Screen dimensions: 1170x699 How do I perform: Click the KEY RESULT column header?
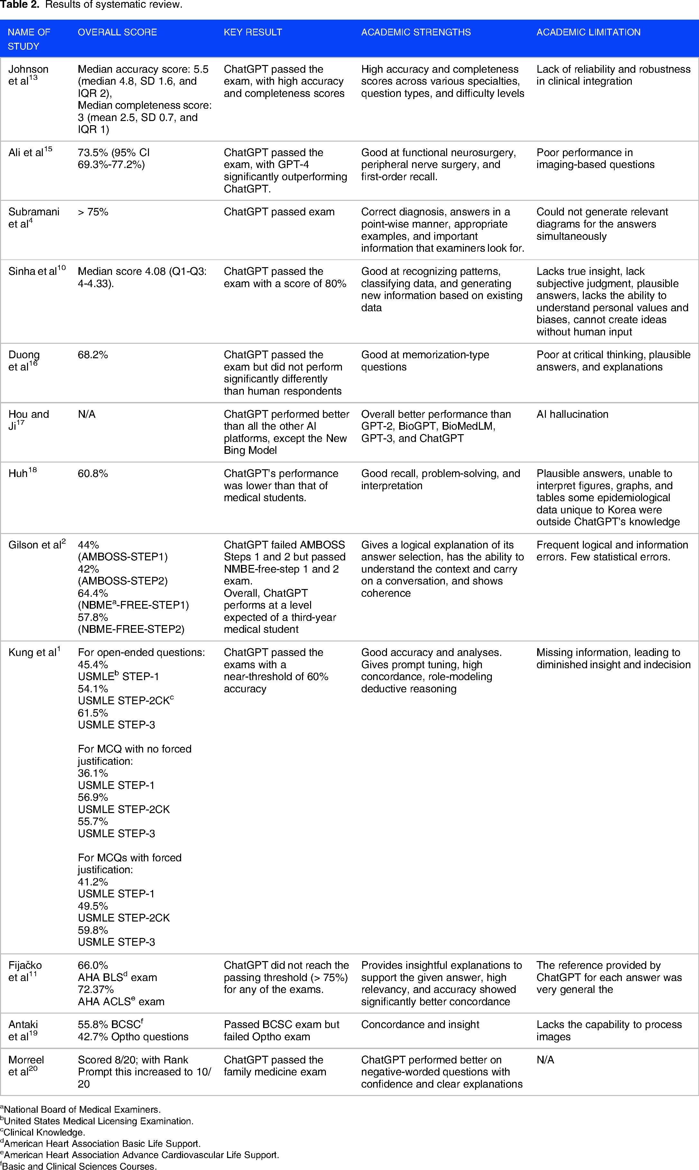[253, 32]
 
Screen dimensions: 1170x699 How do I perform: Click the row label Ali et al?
[30, 152]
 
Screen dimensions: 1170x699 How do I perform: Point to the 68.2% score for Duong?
[93, 355]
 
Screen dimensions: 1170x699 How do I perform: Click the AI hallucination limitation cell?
[572, 414]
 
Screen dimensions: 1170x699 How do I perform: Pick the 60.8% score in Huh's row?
[93, 473]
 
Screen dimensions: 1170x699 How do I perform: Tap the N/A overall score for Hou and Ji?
[87, 414]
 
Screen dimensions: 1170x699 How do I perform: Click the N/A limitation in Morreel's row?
[545, 1060]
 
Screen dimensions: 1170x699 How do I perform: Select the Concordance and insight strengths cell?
[420, 1025]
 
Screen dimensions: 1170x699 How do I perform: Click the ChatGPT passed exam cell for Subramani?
[279, 212]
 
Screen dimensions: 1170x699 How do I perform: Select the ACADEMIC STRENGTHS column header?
[416, 32]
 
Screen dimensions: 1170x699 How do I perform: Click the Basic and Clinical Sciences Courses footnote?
[79, 1166]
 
